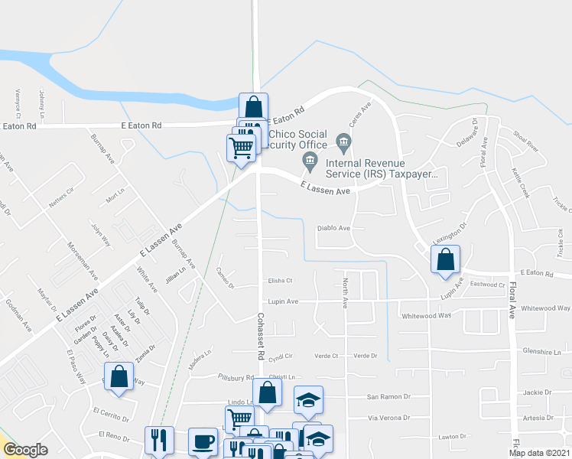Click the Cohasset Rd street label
261,337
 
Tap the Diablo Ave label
333,228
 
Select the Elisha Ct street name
280,281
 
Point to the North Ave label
345,293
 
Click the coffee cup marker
203,441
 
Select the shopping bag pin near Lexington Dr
445,259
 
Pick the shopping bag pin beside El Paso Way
119,377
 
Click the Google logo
26,450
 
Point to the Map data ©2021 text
540,453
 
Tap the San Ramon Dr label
388,396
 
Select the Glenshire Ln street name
539,352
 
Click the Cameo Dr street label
224,281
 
